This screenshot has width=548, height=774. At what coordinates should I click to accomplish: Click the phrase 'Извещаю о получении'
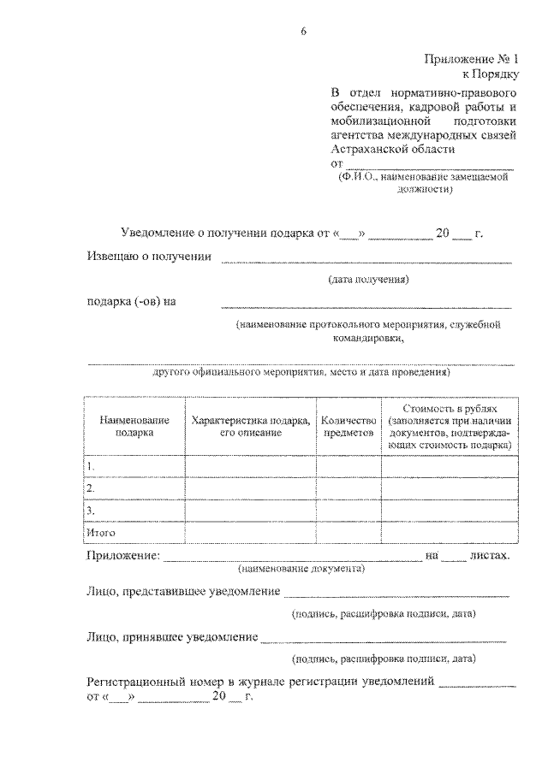point(149,258)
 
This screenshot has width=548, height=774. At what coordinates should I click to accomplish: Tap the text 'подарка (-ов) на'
point(130,301)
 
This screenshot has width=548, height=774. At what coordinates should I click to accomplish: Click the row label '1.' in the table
point(91,466)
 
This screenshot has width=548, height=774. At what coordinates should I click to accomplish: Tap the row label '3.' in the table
point(91,511)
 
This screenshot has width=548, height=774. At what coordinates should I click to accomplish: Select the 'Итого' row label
point(100,533)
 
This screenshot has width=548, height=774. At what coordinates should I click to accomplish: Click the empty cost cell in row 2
point(450,488)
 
